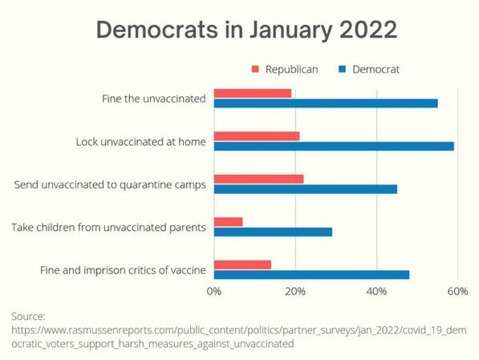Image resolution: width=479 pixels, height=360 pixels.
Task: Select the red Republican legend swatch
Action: [x=255, y=69]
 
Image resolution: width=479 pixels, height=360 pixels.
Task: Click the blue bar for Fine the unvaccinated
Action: [x=326, y=103]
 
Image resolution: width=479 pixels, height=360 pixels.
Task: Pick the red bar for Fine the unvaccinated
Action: [x=253, y=93]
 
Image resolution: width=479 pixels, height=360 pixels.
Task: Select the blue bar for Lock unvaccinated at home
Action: [x=334, y=146]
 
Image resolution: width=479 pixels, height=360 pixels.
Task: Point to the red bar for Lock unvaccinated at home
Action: [x=257, y=136]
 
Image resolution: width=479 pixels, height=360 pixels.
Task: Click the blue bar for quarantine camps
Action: [x=306, y=188]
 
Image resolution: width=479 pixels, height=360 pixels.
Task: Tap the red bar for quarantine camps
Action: [x=258, y=178]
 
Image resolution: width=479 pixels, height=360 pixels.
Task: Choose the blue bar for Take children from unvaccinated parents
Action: [x=273, y=232]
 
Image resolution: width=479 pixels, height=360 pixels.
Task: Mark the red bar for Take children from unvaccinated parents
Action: [x=229, y=221]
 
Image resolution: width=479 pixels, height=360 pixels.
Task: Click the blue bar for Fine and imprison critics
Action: [x=311, y=274]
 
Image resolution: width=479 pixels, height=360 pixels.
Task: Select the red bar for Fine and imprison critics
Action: [x=242, y=264]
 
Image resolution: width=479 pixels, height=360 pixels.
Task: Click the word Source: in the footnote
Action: [x=28, y=316]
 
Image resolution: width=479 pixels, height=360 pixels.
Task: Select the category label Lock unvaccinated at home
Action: [x=141, y=142]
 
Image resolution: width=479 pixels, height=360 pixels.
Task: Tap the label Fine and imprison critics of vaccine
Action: [x=123, y=270]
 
